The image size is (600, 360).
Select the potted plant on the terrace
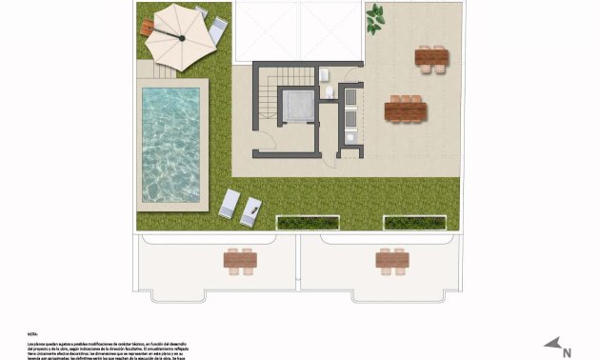pos(375,15)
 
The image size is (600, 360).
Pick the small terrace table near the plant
pos(432,58)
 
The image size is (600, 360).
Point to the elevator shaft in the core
pos(297,107)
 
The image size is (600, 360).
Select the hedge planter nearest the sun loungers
pos(308,223)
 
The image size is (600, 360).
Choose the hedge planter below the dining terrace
pos(414,223)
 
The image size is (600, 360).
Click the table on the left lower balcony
pos(240,258)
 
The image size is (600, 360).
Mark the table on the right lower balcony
pos(391,258)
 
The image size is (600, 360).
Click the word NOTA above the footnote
pos(32,333)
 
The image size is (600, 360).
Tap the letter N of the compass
pos(568,351)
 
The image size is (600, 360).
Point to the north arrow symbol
pos(550,344)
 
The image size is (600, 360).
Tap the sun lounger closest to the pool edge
pos(229,204)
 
